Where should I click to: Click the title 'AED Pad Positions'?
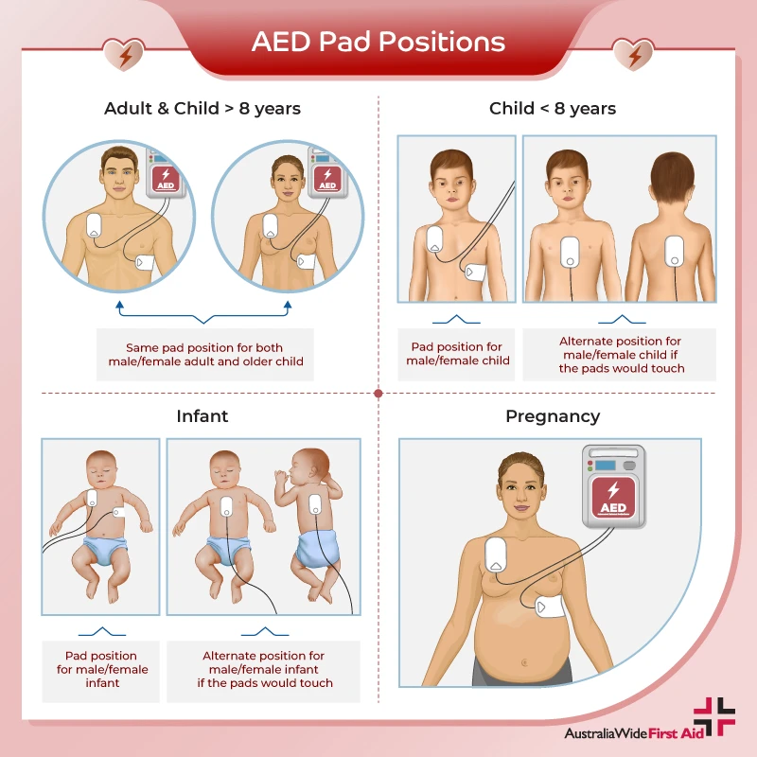coord(378,42)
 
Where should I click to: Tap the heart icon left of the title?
coord(125,54)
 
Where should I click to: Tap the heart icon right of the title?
coord(632,54)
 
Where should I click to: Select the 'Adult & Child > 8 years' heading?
coord(202,108)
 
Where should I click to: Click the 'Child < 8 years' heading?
coord(553,108)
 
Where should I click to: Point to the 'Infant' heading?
coord(202,415)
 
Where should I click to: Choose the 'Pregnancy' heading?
coord(553,415)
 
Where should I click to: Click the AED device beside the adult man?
coord(167,176)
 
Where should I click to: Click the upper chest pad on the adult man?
coord(95,225)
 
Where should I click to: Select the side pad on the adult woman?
coord(306,261)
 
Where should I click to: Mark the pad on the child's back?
coord(674,251)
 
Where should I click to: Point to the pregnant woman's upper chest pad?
coord(495,553)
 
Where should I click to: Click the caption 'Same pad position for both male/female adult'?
coord(204,354)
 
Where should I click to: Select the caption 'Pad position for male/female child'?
coord(458,354)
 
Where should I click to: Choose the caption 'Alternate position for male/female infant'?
coord(263,669)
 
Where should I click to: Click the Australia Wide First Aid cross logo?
coord(714,717)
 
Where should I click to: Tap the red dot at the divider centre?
coord(378,393)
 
